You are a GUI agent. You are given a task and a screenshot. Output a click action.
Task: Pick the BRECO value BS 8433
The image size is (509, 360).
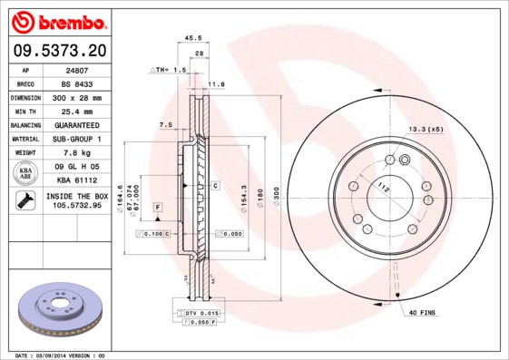[84, 83]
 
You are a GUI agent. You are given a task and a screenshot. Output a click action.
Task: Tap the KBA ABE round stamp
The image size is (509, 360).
[26, 173]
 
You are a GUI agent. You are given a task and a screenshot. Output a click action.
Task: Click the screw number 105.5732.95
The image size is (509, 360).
[77, 207]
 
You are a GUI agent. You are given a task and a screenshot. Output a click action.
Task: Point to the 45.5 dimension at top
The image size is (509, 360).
[192, 38]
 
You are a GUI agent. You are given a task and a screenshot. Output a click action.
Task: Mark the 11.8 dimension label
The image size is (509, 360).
[216, 84]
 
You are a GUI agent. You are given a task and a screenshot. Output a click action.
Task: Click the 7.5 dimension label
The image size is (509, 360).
[166, 124]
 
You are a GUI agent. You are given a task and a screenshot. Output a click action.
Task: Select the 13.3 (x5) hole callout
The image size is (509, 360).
[425, 130]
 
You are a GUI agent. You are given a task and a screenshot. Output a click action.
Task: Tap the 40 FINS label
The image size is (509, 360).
[422, 313]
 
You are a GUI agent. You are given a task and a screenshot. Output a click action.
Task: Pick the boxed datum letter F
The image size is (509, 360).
[157, 209]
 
